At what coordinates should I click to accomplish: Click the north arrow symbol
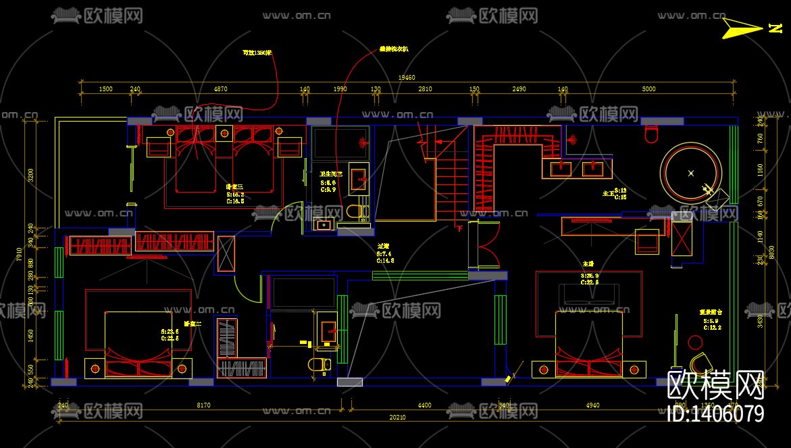point(740,28)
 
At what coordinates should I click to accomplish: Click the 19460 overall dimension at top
point(407,78)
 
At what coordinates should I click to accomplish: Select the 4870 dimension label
point(221,89)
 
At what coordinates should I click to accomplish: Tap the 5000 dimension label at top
point(648,89)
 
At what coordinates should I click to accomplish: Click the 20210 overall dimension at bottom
point(397,418)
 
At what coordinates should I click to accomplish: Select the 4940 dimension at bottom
point(592,405)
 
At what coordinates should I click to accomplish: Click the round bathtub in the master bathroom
point(690,172)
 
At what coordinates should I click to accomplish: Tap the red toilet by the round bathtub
point(652,136)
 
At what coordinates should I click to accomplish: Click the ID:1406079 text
point(715,414)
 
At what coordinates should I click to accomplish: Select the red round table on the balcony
point(694,342)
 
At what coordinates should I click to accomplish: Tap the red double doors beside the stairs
point(485,246)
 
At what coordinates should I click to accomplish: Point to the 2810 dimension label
point(425,89)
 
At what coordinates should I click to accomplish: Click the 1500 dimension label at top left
point(105,89)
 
